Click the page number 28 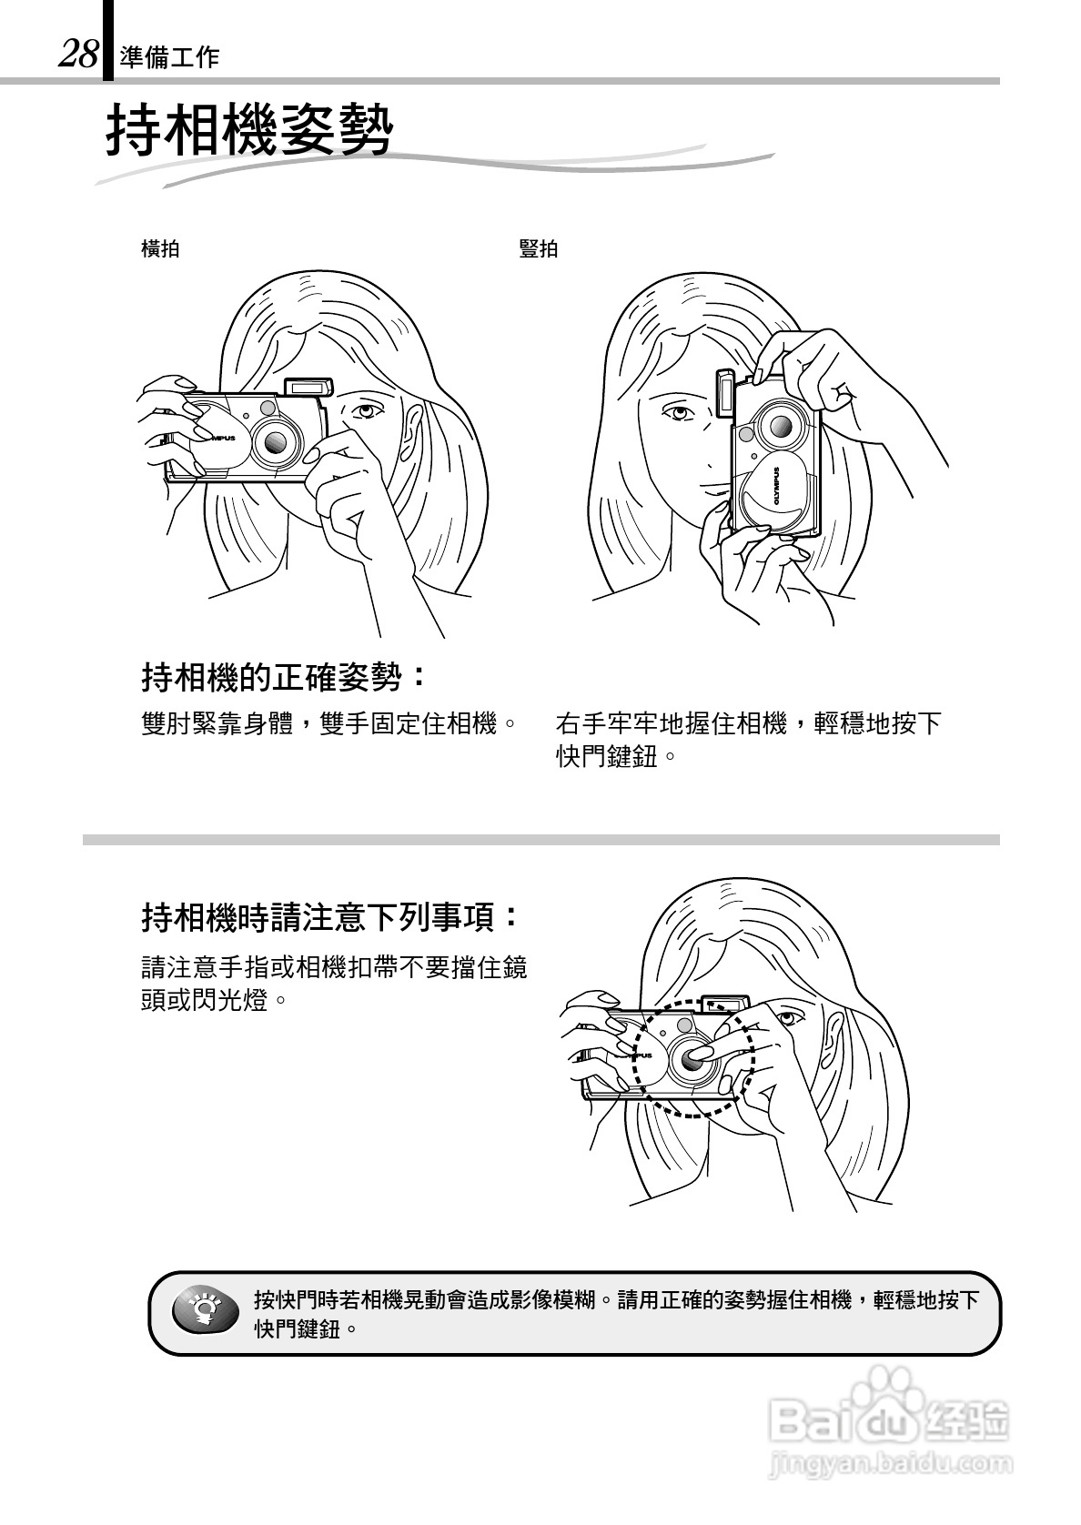coord(78,56)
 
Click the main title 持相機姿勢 coord(249,131)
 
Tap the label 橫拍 coord(160,248)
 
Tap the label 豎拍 coord(538,248)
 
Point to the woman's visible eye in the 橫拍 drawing coord(366,410)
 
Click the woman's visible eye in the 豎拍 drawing coord(678,414)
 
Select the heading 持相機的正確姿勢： coord(284,676)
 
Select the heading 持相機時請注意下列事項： coord(331,916)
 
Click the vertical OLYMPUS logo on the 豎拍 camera coord(778,488)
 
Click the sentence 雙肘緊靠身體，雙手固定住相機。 coord(329,724)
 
